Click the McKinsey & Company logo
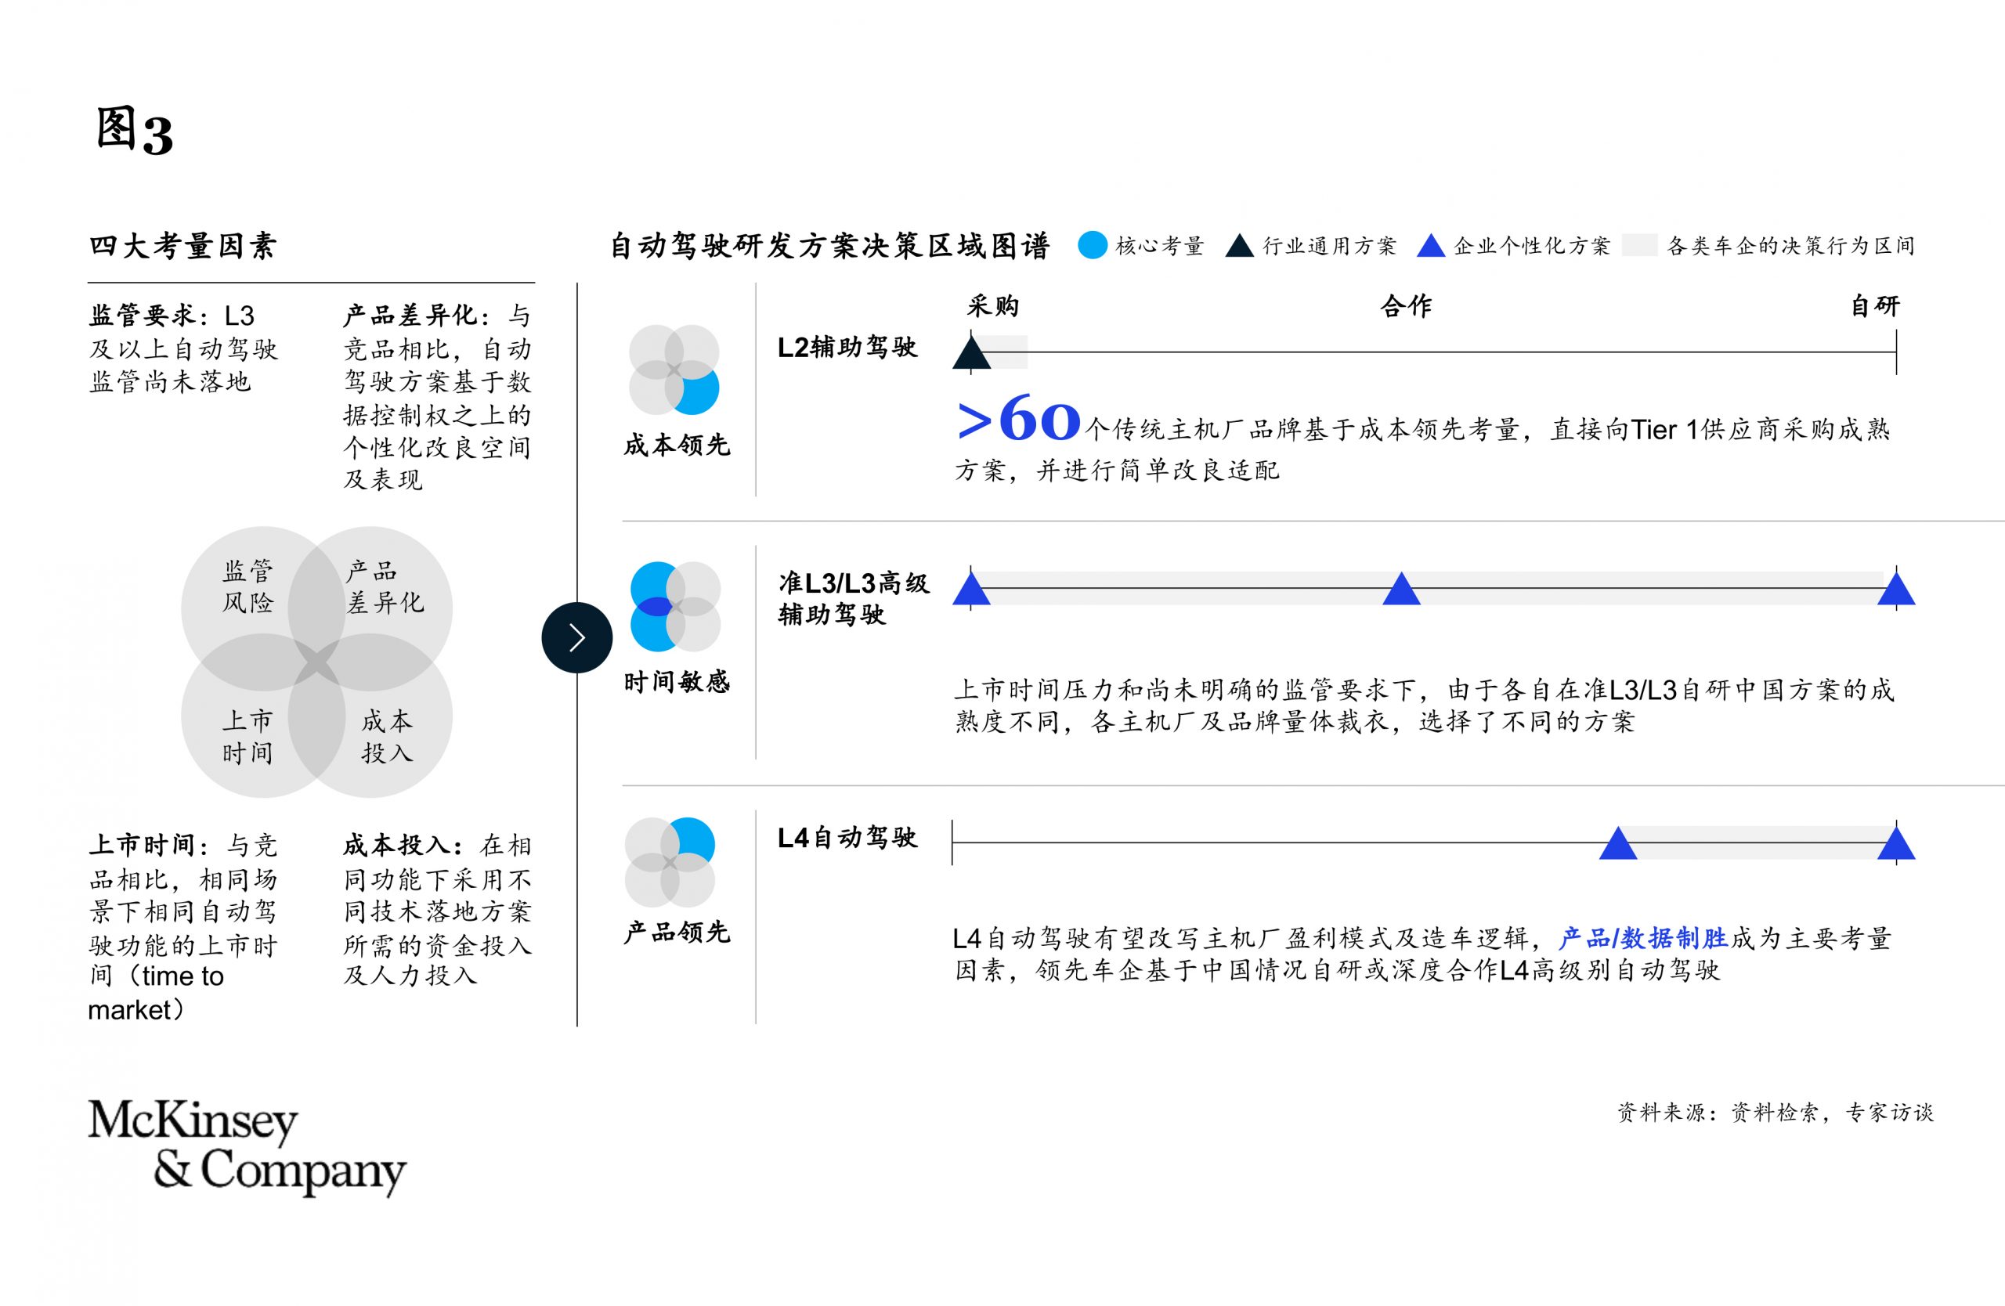247,1148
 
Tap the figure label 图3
134,132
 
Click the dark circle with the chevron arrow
577,637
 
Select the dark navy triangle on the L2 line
971,354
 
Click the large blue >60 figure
1018,420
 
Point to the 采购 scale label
993,305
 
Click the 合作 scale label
1406,305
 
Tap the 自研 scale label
1875,305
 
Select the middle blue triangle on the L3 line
1402,590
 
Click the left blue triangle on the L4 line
1618,844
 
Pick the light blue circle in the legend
1093,245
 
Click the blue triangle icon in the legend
1431,246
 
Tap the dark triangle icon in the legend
1239,246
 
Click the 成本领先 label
677,446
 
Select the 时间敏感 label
677,681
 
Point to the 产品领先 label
677,933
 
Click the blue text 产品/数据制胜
1642,938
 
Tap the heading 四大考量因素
182,246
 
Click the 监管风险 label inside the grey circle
247,587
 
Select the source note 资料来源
1775,1113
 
